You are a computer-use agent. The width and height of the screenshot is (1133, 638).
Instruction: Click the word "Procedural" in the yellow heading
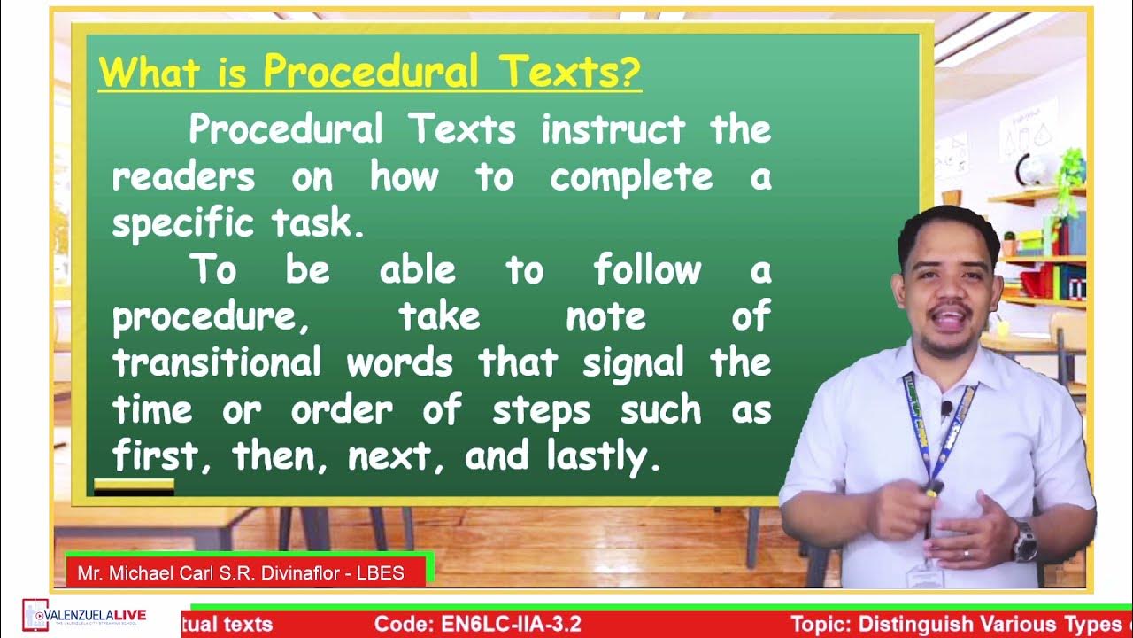[x=371, y=71]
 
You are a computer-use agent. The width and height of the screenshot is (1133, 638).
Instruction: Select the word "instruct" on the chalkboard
[x=613, y=130]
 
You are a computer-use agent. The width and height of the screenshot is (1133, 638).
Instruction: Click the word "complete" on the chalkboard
[x=631, y=177]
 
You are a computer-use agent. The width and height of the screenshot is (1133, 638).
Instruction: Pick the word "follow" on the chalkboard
[x=647, y=270]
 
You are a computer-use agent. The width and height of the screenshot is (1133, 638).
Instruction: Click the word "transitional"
[x=217, y=363]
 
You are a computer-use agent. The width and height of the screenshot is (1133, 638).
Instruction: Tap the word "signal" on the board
[x=633, y=363]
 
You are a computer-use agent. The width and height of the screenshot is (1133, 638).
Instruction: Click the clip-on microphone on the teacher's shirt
[x=946, y=408]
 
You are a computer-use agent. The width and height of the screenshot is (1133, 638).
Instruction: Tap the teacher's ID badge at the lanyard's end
[x=925, y=576]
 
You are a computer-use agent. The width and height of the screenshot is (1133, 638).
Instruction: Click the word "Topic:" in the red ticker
[x=821, y=624]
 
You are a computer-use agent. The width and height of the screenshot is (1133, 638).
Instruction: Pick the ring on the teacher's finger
[x=966, y=554]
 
